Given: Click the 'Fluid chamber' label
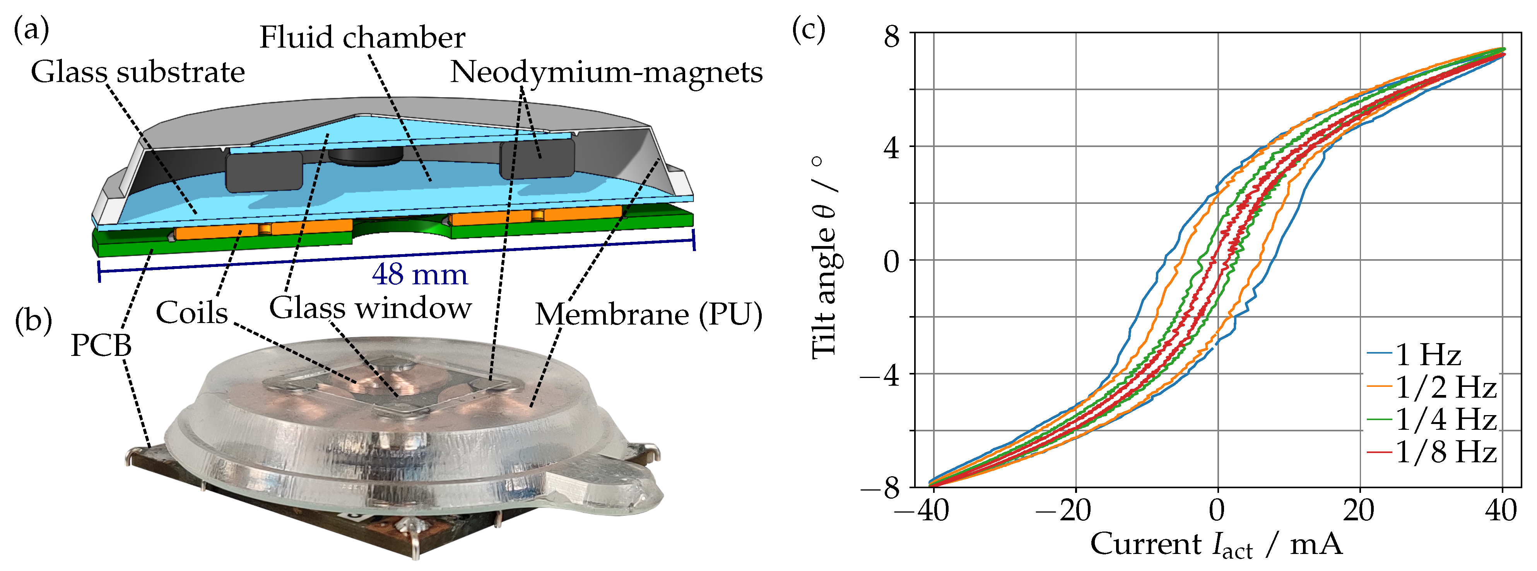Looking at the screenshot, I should pos(362,38).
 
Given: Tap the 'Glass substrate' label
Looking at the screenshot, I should pos(138,72).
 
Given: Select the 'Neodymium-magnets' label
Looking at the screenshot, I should pos(606,72).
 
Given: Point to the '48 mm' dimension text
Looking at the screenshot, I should pos(419,274).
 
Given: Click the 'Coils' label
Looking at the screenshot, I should pos(191,313).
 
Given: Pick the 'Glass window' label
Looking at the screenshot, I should pos(370,308).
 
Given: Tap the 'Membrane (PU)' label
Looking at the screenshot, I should pos(648,315).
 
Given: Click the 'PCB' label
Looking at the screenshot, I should pos(101,345).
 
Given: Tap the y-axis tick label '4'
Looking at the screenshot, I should pos(891,147).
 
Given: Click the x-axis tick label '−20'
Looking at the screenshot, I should pos(1063,511).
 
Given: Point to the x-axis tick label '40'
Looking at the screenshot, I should pos(1501,511).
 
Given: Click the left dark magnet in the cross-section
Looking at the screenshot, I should pos(264,172).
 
